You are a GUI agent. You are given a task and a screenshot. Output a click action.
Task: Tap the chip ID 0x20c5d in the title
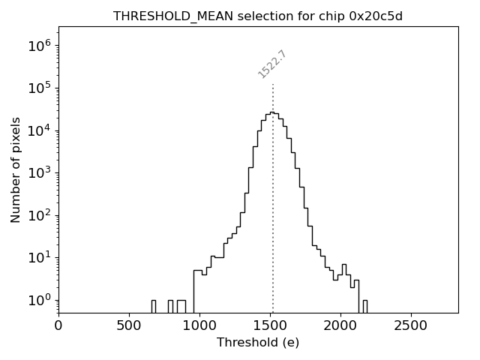coord(376,16)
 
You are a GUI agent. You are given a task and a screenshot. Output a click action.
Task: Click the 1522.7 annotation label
coord(272,64)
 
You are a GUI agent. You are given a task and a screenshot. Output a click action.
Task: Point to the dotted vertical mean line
coord(273,225)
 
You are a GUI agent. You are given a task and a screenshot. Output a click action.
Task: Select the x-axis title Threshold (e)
coord(258,343)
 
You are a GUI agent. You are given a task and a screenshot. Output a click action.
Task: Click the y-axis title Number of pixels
coord(16,169)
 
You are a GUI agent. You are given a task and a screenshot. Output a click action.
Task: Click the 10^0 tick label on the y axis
coord(40,300)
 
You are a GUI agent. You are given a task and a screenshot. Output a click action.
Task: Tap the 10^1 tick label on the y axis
coord(40,257)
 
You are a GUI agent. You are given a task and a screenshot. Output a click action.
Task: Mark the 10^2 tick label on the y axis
coord(40,215)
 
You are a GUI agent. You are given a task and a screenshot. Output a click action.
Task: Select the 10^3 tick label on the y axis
coord(40,172)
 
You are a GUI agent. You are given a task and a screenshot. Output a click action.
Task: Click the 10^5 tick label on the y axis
coord(40,88)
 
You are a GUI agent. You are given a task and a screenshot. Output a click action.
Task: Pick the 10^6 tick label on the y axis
coord(40,46)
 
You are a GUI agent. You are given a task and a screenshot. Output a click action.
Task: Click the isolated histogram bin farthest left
coord(153,306)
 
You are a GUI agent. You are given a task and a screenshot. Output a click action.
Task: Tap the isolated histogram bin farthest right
coord(364,306)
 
